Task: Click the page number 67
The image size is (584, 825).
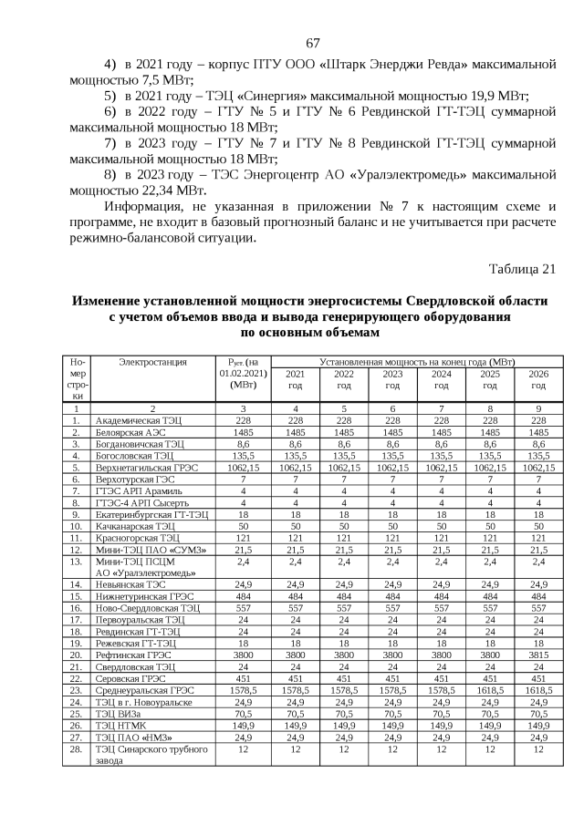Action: [312, 44]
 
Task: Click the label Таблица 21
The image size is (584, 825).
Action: [522, 268]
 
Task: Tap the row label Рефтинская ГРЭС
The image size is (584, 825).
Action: [131, 655]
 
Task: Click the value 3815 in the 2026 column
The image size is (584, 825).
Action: [538, 655]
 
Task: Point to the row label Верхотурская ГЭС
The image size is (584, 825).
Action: [131, 478]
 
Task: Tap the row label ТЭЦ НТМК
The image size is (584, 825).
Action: [119, 727]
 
